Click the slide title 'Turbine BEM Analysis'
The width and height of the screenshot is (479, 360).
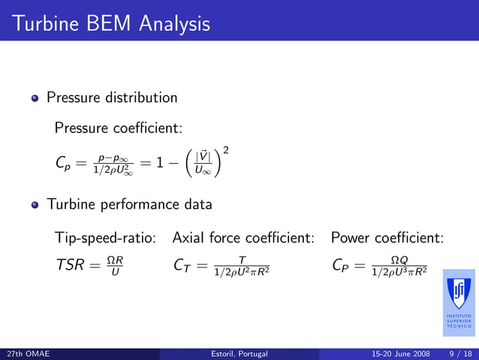[110, 24]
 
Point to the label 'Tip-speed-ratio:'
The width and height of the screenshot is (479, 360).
[105, 238]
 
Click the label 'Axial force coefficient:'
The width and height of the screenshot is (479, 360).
[243, 238]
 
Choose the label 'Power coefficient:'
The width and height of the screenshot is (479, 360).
[387, 238]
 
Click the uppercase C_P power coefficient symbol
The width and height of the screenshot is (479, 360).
[342, 265]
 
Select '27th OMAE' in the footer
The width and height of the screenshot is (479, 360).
[27, 353]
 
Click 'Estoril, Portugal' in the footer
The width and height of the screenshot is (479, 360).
[239, 353]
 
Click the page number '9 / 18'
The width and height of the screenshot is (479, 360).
[459, 353]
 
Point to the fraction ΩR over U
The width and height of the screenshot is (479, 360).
[115, 265]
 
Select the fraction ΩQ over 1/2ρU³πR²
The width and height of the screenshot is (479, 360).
[399, 265]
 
